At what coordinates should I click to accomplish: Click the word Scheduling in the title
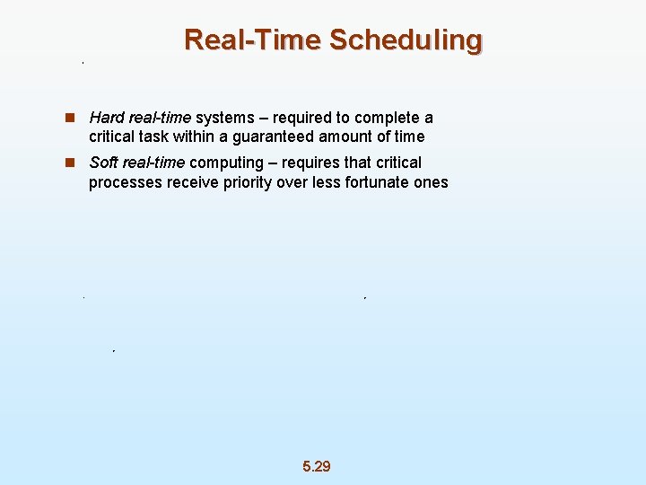pos(406,40)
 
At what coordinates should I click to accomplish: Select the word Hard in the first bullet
pos(107,118)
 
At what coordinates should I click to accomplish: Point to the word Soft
pos(104,163)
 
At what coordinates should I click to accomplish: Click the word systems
pos(225,118)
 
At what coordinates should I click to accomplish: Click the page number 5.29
pos(317,466)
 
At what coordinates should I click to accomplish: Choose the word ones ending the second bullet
pos(431,182)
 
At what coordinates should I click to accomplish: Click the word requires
pos(310,163)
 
